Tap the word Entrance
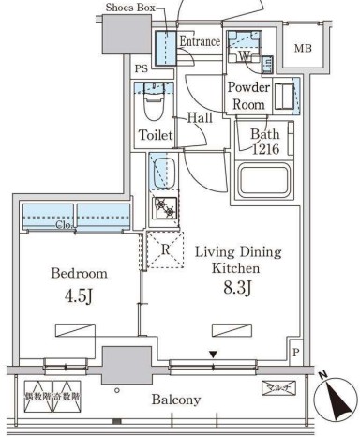(199, 42)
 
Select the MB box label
(304, 49)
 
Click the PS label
(141, 69)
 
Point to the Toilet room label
(156, 136)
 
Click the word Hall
(198, 118)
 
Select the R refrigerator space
(165, 249)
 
